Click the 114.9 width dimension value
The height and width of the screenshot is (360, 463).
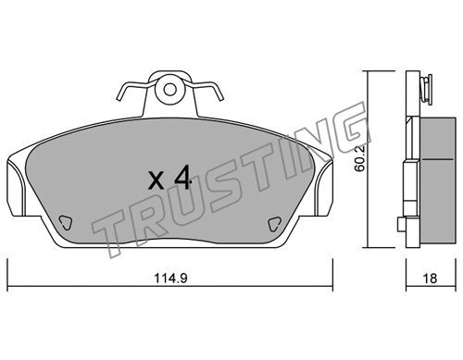coord(170,279)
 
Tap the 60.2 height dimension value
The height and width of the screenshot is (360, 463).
coord(360,158)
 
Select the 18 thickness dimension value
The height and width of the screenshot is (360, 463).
coord(430,279)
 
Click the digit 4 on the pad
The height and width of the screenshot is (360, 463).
coord(182,177)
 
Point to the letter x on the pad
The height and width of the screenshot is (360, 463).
coord(156,180)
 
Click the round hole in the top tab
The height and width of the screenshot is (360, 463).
coord(169,90)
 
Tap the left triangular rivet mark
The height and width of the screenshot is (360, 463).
coord(66,222)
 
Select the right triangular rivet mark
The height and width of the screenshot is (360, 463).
coord(274,224)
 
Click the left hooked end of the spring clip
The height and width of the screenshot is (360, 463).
coord(121,94)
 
